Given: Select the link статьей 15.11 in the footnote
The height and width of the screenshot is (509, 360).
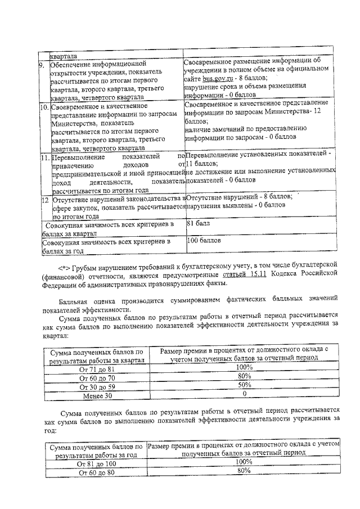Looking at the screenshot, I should pyautogui.click(x=259, y=274).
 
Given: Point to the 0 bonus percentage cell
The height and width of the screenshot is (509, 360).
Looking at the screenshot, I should pyautogui.click(x=244, y=394).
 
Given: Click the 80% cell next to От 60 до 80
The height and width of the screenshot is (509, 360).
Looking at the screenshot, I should pyautogui.click(x=244, y=471).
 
